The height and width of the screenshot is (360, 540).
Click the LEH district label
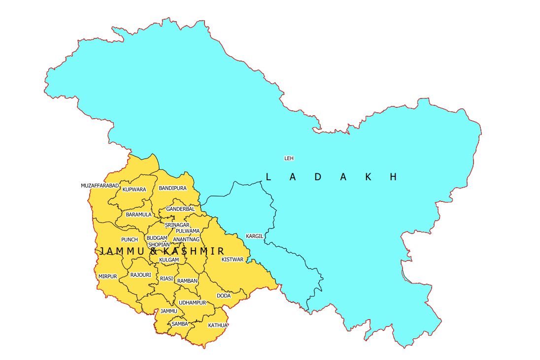pyautogui.click(x=289, y=158)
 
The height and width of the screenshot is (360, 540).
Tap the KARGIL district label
pyautogui.click(x=255, y=236)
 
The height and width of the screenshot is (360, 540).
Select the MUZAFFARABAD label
pyautogui.click(x=100, y=186)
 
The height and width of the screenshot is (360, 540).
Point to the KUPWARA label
pyautogui.click(x=134, y=190)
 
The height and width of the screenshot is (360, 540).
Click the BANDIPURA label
pyautogui.click(x=172, y=188)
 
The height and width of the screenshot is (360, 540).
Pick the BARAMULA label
pyautogui.click(x=138, y=215)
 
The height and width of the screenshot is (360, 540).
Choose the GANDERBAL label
pyautogui.click(x=180, y=209)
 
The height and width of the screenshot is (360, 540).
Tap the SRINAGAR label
pyautogui.click(x=177, y=225)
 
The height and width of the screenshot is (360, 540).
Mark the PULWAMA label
pyautogui.click(x=188, y=231)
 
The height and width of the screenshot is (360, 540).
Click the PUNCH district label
pyautogui.click(x=130, y=240)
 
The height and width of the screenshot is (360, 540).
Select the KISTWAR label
pyautogui.click(x=232, y=259)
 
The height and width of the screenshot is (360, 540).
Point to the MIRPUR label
pyautogui.click(x=107, y=276)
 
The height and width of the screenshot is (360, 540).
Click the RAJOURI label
pyautogui.click(x=140, y=275)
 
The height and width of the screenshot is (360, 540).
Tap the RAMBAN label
pyautogui.click(x=187, y=281)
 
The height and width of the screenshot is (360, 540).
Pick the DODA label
pyautogui.click(x=224, y=296)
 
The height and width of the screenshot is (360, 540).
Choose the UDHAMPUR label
pyautogui.click(x=192, y=302)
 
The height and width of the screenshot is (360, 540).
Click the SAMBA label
pyautogui.click(x=179, y=324)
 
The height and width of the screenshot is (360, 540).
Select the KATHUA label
pyautogui.click(x=217, y=326)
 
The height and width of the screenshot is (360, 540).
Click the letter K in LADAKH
pyautogui.click(x=368, y=177)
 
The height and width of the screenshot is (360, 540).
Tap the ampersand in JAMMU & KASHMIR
pyautogui.click(x=153, y=251)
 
